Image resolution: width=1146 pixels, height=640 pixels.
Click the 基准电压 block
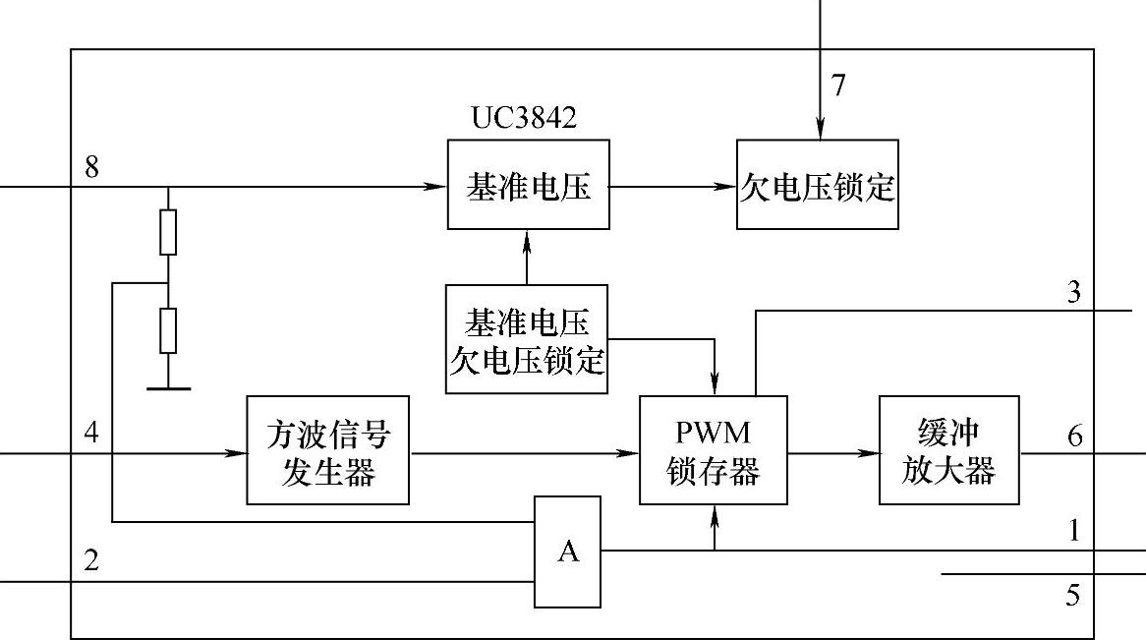(528, 185)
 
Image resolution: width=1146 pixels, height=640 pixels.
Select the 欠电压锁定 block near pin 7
(817, 185)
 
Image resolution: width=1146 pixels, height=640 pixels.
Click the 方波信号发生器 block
(327, 450)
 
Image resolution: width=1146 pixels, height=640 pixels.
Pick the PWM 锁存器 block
(713, 450)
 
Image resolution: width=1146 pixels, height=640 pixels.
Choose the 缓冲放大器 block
(948, 450)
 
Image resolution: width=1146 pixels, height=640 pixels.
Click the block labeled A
(568, 552)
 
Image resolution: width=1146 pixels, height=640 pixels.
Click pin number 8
(91, 166)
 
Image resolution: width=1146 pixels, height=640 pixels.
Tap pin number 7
(837, 87)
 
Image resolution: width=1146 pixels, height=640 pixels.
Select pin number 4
(91, 434)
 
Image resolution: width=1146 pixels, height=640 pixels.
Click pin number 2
(91, 561)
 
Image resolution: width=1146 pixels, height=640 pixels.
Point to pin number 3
(1073, 292)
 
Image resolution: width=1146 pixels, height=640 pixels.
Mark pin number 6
(1074, 435)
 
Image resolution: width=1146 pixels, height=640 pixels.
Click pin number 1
(1074, 532)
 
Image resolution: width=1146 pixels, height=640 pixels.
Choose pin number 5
(1073, 595)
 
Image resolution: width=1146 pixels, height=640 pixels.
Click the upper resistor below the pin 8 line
(168, 232)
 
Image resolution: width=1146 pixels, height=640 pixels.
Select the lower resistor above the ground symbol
(168, 330)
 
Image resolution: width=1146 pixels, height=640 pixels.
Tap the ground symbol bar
(168, 388)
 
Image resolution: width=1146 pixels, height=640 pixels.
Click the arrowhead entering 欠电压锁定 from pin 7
(818, 132)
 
